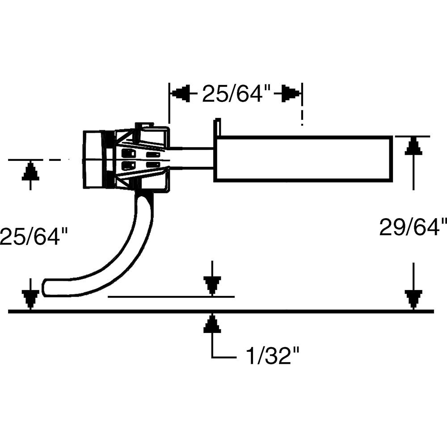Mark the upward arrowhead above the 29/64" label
click(x=413, y=147)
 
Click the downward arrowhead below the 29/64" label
click(x=413, y=299)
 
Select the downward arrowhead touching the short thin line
click(x=212, y=286)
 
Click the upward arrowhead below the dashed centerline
click(x=30, y=171)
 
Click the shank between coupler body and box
click(x=192, y=159)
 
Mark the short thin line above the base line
click(x=170, y=296)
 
